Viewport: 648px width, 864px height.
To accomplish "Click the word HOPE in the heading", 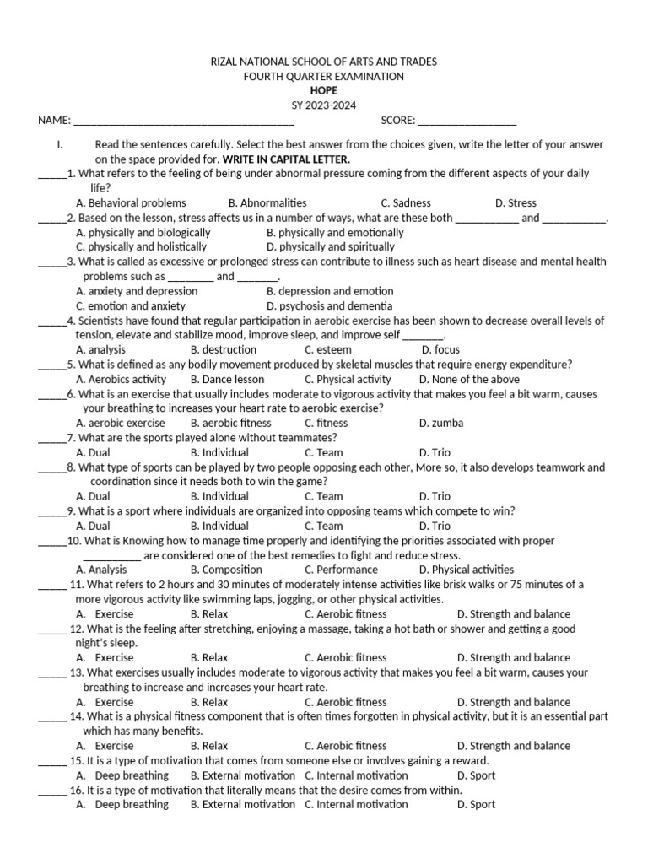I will point(323,90).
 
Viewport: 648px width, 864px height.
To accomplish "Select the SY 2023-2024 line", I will point(323,105).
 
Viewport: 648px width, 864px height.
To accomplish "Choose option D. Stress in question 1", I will point(516,203).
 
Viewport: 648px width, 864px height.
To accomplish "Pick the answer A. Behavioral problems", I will point(131,203).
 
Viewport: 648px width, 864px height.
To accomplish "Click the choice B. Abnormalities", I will point(267,203).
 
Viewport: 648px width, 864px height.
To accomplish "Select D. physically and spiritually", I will point(331,247).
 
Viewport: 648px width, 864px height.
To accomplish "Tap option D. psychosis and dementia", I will point(329,306).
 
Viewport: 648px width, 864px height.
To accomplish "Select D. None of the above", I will point(469,380).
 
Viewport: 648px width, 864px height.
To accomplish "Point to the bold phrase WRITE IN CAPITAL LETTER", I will point(286,159).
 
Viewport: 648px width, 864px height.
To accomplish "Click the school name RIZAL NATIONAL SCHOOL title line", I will point(323,62).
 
